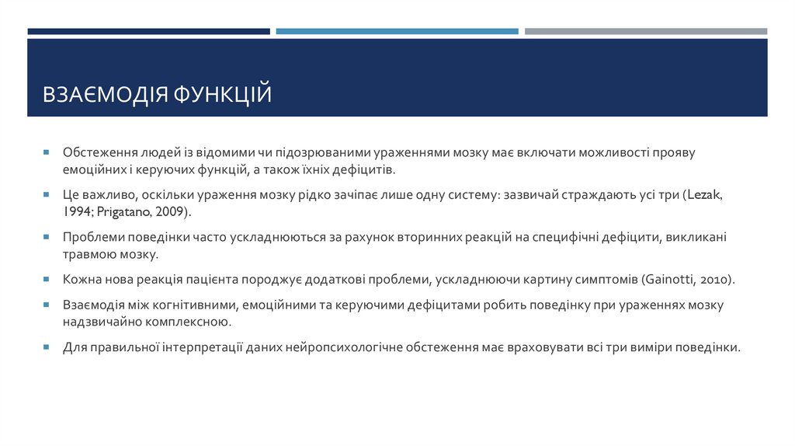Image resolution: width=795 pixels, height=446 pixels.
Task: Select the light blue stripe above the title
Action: coord(397,31)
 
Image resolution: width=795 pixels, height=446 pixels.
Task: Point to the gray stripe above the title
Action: coord(645,31)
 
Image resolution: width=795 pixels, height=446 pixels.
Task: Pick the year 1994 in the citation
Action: coord(77,211)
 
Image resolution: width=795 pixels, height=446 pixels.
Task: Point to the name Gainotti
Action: coord(669,279)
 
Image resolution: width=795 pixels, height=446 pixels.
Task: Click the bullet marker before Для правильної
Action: coord(47,347)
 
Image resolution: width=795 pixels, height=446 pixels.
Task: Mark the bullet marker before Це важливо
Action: coord(47,195)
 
